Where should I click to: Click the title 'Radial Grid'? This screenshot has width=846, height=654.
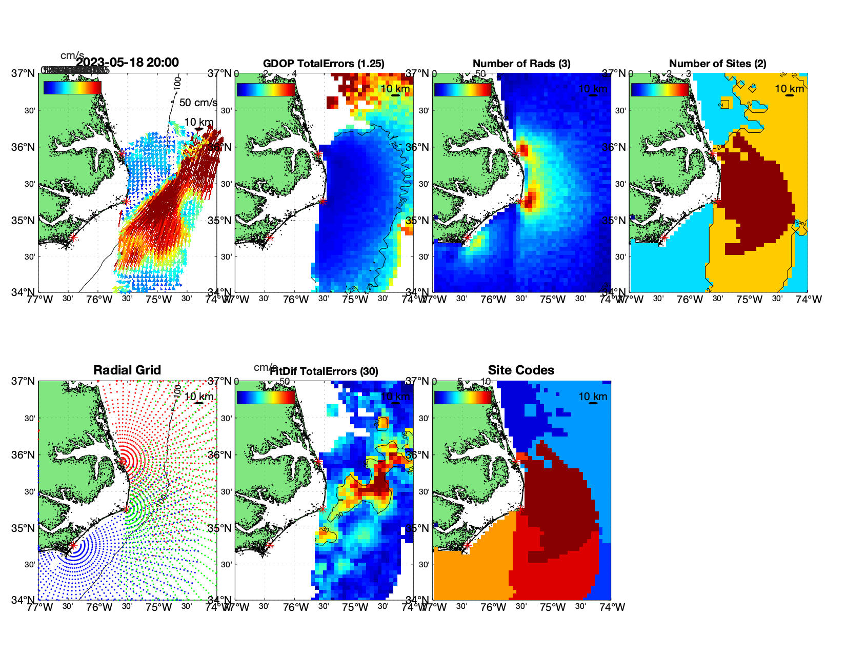[127, 370]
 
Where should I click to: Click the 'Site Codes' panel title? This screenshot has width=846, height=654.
[521, 370]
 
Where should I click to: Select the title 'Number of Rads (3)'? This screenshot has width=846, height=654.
[521, 64]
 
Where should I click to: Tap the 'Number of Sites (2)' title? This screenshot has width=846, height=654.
[717, 64]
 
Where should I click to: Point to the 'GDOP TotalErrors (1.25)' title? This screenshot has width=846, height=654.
[324, 64]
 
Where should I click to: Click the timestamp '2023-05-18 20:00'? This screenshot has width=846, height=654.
[128, 63]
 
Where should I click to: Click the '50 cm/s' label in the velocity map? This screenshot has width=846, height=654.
[198, 103]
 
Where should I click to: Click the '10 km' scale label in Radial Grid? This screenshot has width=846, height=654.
[198, 397]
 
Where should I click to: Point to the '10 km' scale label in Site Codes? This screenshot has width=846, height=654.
[593, 397]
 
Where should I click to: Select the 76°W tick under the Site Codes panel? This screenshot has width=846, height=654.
[493, 607]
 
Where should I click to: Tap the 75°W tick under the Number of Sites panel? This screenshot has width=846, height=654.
[749, 300]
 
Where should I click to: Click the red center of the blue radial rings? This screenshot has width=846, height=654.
[73, 545]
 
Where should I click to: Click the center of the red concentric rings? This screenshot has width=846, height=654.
[123, 461]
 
